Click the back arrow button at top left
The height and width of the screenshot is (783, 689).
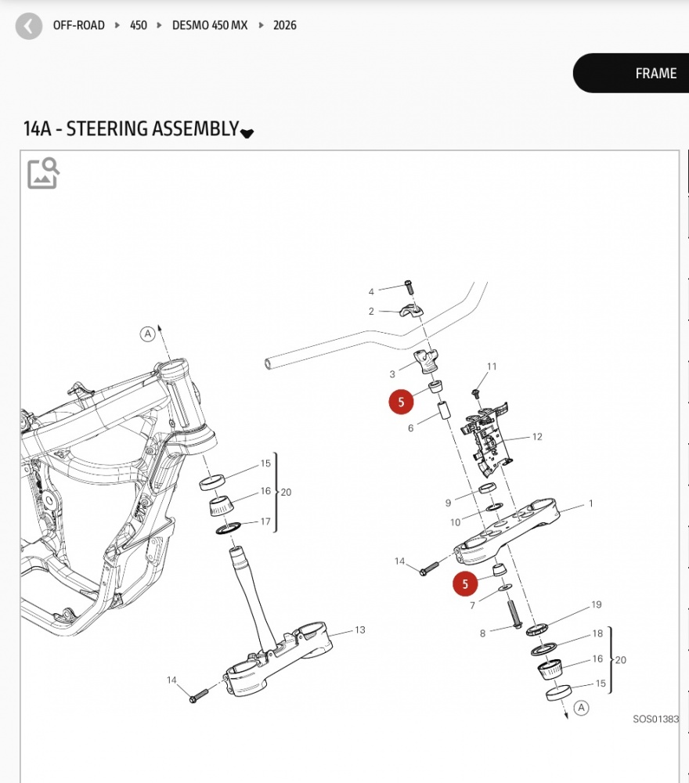tap(29, 26)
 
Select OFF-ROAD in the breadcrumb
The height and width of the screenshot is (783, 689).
tap(78, 25)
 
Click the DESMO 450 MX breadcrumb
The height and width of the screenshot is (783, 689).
tap(210, 25)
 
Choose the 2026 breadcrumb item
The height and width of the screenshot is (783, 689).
tap(285, 25)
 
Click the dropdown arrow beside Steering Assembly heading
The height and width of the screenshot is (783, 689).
tap(247, 133)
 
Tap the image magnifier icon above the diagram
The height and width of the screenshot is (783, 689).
tap(43, 173)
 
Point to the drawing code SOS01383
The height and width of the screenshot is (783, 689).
tap(656, 719)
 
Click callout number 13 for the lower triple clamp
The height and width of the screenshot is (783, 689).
tap(360, 630)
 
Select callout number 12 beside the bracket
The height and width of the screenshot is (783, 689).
tap(537, 437)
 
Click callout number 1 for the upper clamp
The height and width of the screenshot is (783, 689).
tap(591, 503)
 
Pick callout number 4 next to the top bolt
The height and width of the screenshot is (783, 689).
tap(372, 292)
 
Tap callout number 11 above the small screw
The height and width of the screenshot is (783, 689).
tap(492, 366)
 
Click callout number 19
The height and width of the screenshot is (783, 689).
tap(597, 604)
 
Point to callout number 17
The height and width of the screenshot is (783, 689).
tap(265, 521)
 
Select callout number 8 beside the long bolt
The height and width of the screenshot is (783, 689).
tap(483, 633)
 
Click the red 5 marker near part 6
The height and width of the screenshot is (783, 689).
tap(401, 402)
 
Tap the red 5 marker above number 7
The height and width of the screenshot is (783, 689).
tap(465, 583)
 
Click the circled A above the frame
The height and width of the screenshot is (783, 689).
tap(147, 334)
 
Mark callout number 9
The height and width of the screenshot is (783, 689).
tap(449, 503)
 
